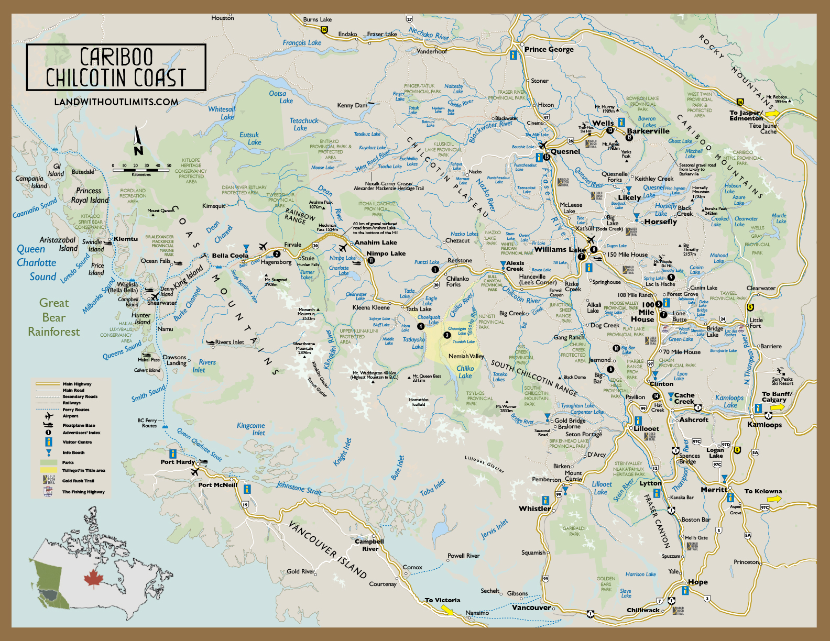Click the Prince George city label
point(549,49)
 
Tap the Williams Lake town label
point(560,250)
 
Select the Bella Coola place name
point(230,256)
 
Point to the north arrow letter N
point(138,151)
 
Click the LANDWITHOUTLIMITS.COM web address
point(116,102)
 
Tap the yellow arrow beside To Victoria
point(447,610)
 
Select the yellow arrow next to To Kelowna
point(774,499)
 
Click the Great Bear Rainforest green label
point(53,317)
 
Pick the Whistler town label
point(534,509)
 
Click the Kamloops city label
point(764,425)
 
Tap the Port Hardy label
point(177,462)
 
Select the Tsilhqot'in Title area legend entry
point(83,470)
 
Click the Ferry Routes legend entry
point(75,410)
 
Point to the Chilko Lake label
point(465,372)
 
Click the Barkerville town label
point(648,131)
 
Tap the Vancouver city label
point(531,607)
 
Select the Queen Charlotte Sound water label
point(36,263)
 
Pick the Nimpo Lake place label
point(386,253)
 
